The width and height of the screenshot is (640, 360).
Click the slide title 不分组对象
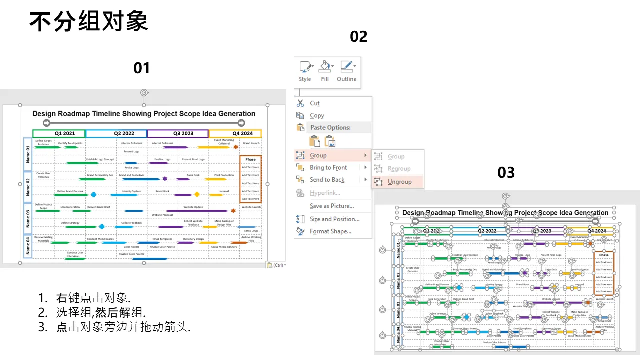(88, 22)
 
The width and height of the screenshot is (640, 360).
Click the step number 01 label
(141, 68)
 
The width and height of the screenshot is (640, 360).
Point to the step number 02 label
(358, 36)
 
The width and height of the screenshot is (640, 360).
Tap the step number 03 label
(506, 173)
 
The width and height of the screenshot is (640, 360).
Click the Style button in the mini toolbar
(305, 71)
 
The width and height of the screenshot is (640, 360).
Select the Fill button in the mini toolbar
(325, 71)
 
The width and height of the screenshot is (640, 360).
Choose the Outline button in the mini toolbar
(346, 71)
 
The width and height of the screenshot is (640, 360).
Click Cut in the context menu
(314, 103)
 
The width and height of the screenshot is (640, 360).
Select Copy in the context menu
(317, 115)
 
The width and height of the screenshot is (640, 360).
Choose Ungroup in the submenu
(399, 182)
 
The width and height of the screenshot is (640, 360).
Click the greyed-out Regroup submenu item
(399, 169)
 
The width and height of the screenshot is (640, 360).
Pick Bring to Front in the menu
(328, 167)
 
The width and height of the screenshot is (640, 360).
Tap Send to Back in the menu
(327, 180)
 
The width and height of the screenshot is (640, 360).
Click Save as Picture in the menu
(331, 206)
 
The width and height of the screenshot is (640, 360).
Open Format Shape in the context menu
(330, 231)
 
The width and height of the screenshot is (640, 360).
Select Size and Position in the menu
(334, 219)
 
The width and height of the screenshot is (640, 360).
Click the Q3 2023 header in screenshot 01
(178, 133)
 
